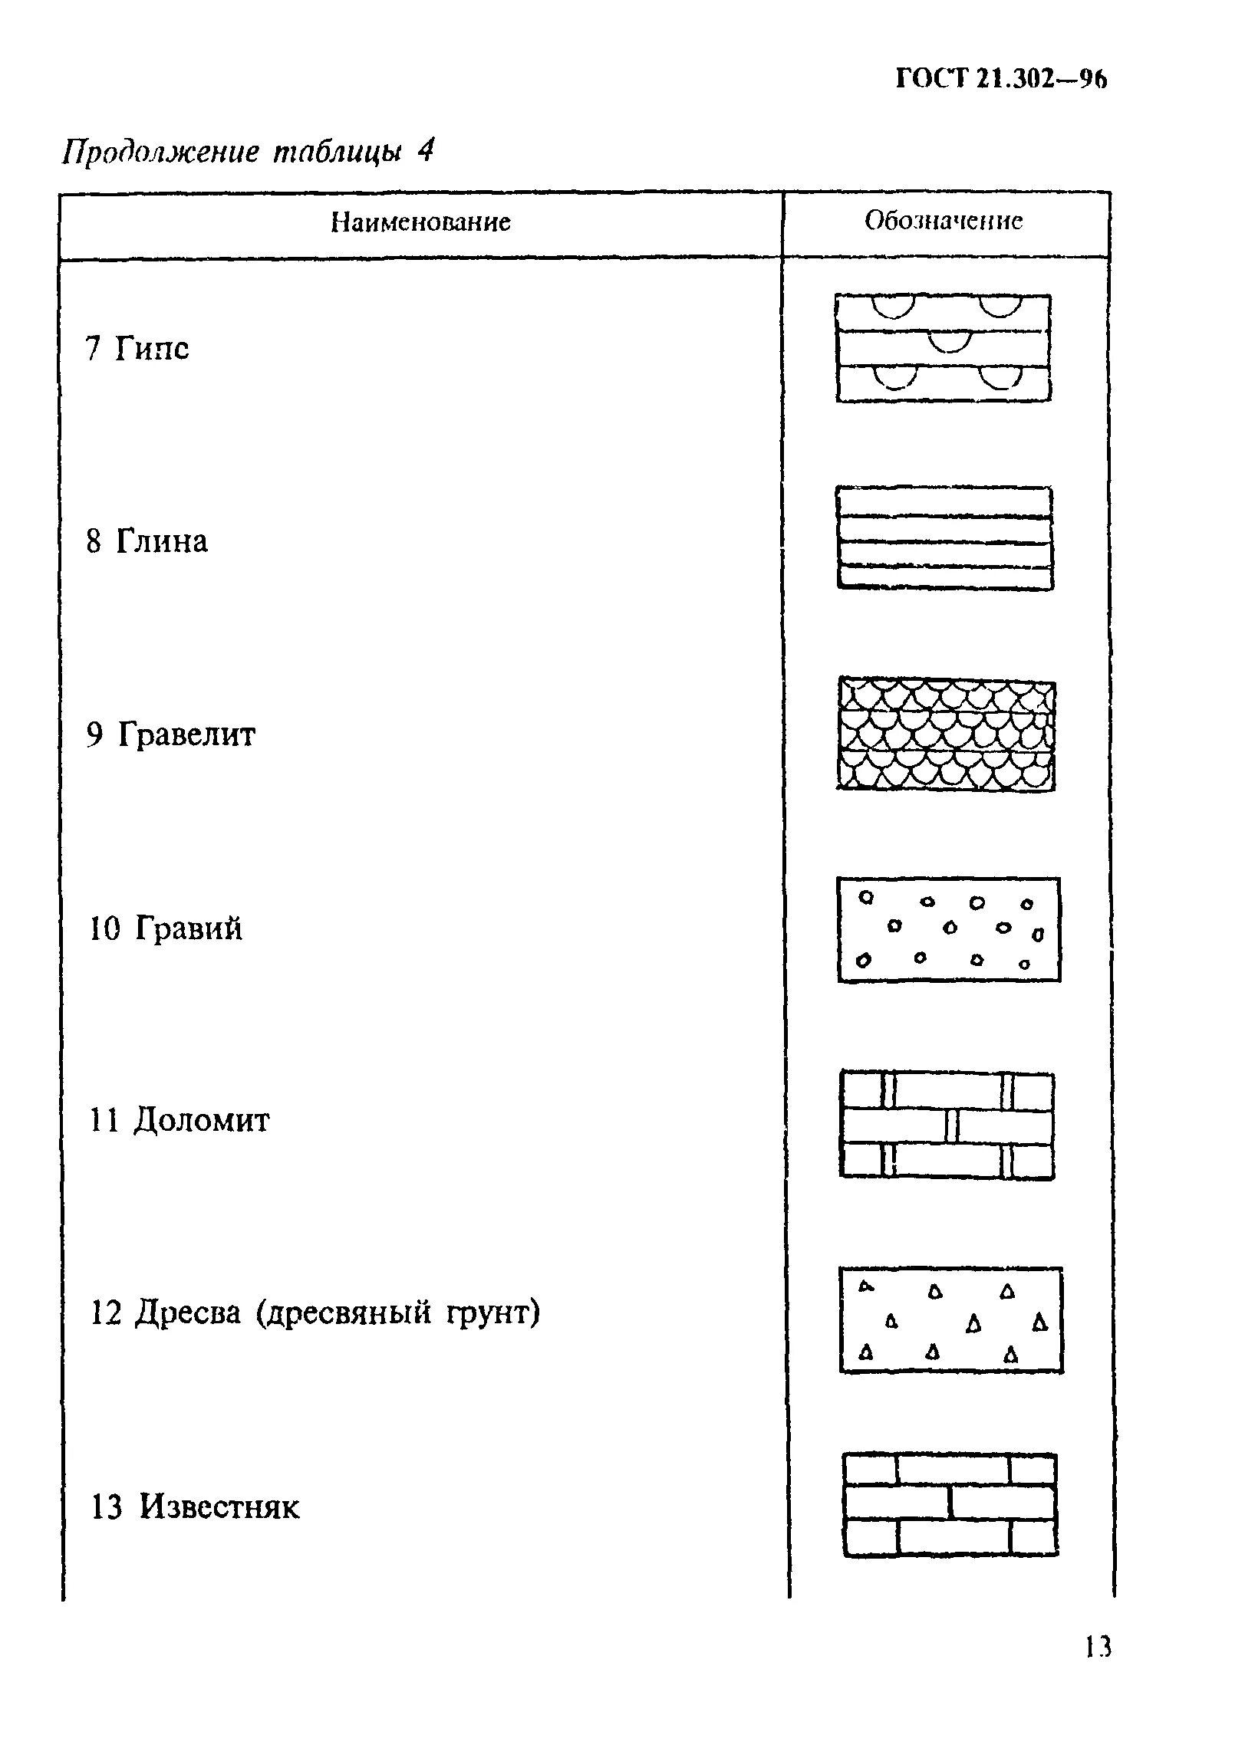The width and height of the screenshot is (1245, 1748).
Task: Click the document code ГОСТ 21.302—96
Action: [1001, 80]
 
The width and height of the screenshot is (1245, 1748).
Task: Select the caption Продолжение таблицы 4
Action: [247, 152]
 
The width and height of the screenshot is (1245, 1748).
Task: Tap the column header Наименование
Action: [420, 222]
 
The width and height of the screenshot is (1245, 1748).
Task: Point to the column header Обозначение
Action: [944, 221]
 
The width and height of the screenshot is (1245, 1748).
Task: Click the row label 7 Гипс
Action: [137, 349]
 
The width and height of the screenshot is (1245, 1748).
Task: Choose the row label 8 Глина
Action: [147, 542]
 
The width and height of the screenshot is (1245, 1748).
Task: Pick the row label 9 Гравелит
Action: [170, 734]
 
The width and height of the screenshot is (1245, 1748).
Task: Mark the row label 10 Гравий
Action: [166, 928]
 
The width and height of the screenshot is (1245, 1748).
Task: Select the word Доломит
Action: [202, 1121]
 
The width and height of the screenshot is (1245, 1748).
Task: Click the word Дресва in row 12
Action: [188, 1313]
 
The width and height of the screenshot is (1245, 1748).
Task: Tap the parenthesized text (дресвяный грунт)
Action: [398, 1313]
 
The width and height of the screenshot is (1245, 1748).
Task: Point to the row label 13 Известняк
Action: [195, 1507]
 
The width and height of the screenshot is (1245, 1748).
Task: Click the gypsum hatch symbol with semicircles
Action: [944, 348]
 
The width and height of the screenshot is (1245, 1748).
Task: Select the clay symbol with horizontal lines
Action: [944, 538]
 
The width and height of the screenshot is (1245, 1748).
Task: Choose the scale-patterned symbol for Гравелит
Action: [946, 734]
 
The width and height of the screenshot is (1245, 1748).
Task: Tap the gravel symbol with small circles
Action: [949, 929]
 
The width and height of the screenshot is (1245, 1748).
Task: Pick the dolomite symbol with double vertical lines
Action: [947, 1124]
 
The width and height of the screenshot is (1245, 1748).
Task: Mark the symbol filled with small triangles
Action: [951, 1319]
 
